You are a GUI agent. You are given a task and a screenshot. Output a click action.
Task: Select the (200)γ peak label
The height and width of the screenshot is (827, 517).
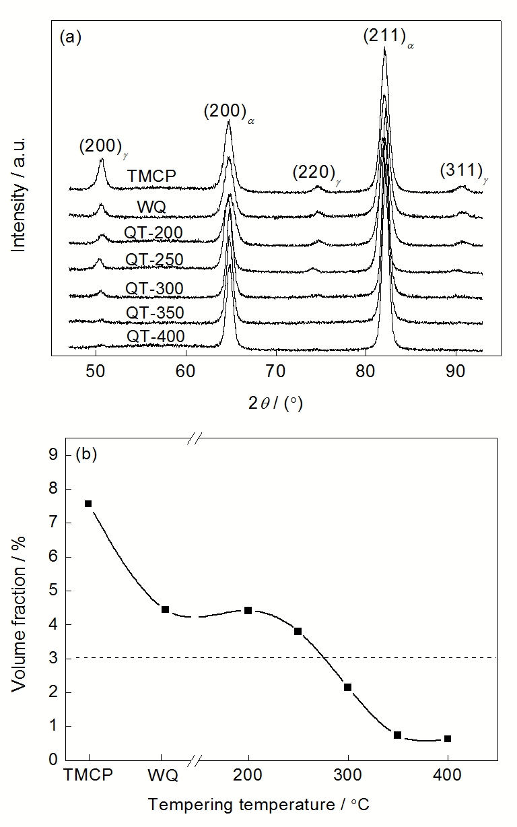pyautogui.click(x=102, y=146)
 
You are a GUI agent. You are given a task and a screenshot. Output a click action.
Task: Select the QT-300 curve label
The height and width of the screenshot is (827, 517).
pyautogui.click(x=154, y=290)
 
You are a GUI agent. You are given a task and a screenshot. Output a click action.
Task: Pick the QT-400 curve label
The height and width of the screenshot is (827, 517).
pyautogui.click(x=154, y=337)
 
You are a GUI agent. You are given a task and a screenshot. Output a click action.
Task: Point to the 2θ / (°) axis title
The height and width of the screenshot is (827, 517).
pyautogui.click(x=275, y=402)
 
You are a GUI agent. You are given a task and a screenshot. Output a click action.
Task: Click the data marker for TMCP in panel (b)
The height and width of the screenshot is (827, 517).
pyautogui.click(x=88, y=504)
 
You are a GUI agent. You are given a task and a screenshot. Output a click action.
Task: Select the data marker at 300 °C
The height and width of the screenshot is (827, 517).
pyautogui.click(x=347, y=687)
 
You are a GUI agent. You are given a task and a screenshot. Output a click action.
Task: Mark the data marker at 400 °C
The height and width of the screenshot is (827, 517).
pyautogui.click(x=448, y=739)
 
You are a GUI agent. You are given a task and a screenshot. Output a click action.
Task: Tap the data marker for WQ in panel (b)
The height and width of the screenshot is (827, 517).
pyautogui.click(x=165, y=609)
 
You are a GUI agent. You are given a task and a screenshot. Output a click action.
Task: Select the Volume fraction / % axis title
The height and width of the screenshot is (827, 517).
pyautogui.click(x=19, y=607)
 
